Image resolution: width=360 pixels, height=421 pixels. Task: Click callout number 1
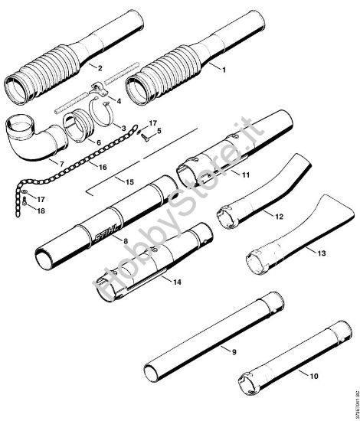point(224,70)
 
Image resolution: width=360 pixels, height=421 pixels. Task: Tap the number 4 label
point(118,101)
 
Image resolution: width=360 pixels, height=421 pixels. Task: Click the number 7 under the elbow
point(52,164)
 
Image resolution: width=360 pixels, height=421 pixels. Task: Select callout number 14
point(177,282)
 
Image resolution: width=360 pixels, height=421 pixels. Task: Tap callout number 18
point(41,210)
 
